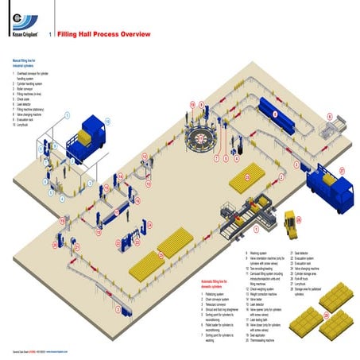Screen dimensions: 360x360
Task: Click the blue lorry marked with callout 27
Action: coord(331,189)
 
